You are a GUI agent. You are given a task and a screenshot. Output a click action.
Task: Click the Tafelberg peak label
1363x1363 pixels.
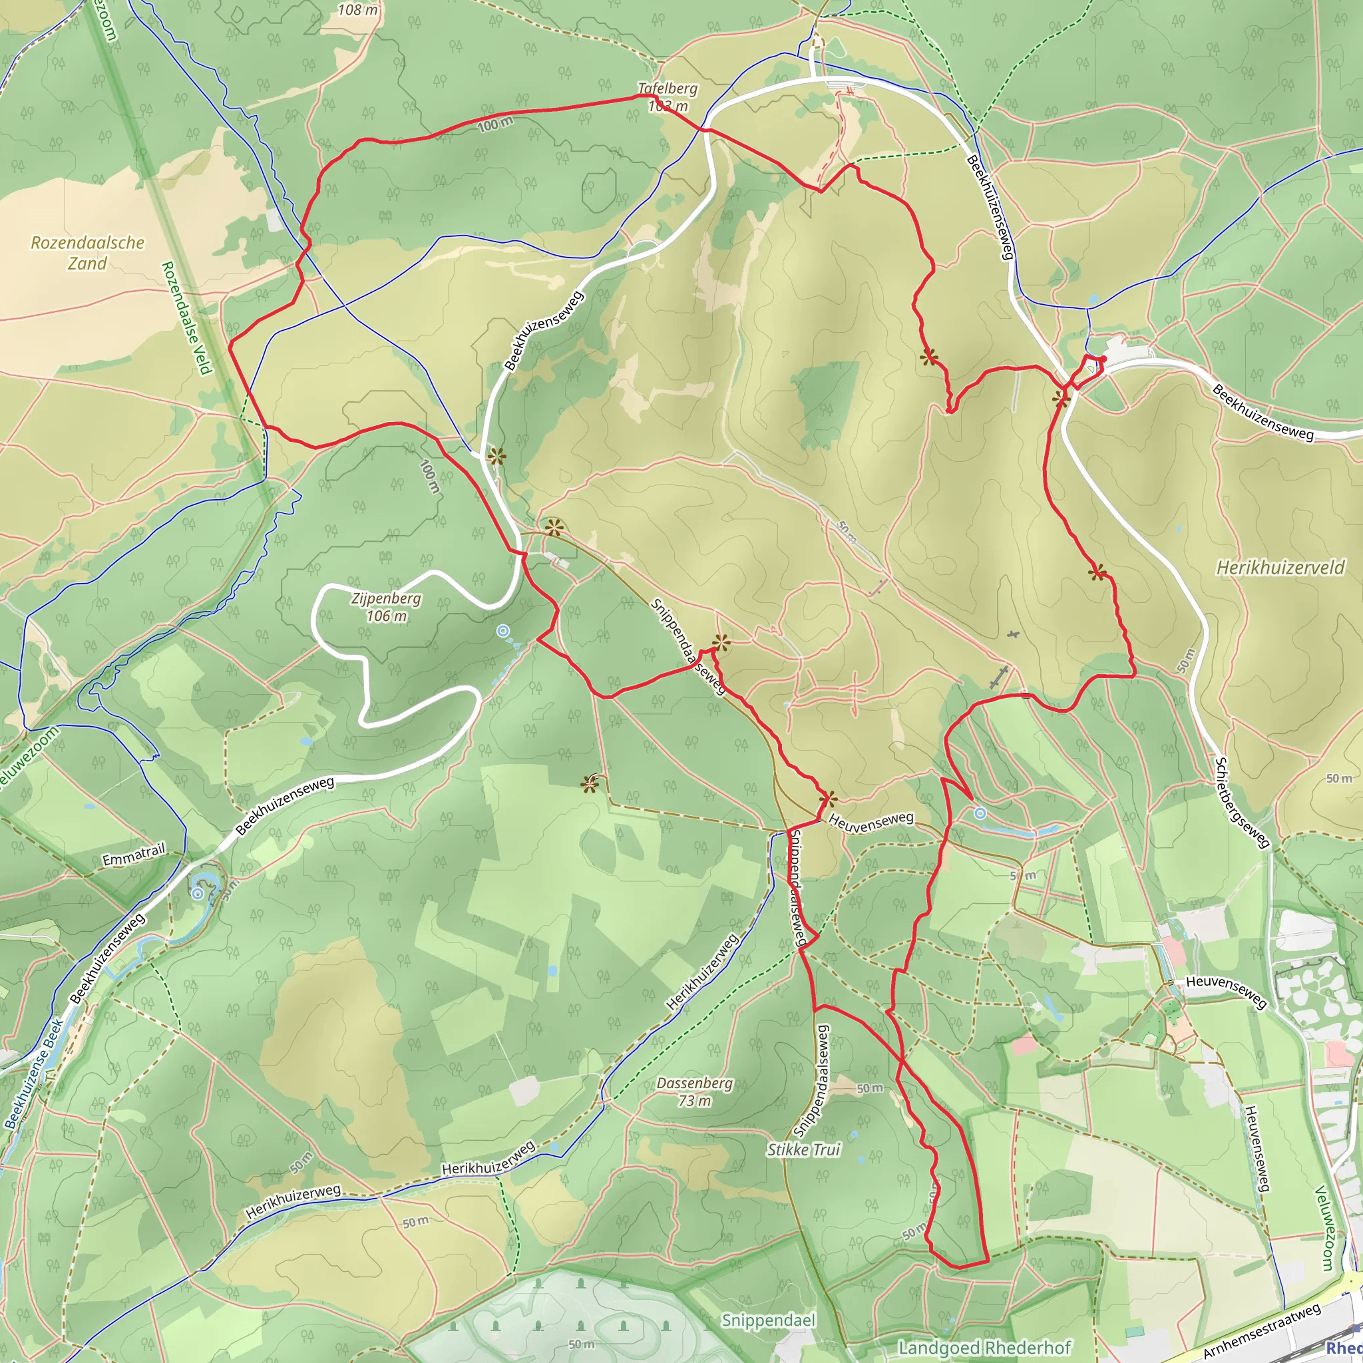coord(667,90)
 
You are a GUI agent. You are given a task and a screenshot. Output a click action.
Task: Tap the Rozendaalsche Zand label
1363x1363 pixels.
coord(87,252)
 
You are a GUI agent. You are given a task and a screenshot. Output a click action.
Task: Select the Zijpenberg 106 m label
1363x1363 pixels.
coord(386,607)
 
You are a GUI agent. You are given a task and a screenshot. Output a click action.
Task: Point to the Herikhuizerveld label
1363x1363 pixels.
coord(1280,568)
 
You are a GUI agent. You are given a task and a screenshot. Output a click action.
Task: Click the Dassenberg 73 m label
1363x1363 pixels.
coord(695,1091)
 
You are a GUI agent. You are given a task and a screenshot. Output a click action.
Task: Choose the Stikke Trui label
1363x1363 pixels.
coord(803,1150)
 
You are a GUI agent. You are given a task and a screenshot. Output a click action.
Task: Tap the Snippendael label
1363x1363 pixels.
coord(768,1320)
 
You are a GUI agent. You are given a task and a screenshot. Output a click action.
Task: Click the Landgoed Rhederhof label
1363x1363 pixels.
coord(984,1348)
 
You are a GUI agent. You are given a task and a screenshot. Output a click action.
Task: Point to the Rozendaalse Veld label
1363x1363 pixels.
coord(186,317)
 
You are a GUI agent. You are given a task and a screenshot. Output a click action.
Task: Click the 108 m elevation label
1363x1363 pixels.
coord(357,10)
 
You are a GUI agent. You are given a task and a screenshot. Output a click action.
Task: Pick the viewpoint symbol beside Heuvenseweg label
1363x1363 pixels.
coord(829,800)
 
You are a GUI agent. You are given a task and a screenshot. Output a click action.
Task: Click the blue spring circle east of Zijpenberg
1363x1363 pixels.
coord(502,631)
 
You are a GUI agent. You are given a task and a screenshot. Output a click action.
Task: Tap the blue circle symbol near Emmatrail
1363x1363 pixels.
coord(198,894)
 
